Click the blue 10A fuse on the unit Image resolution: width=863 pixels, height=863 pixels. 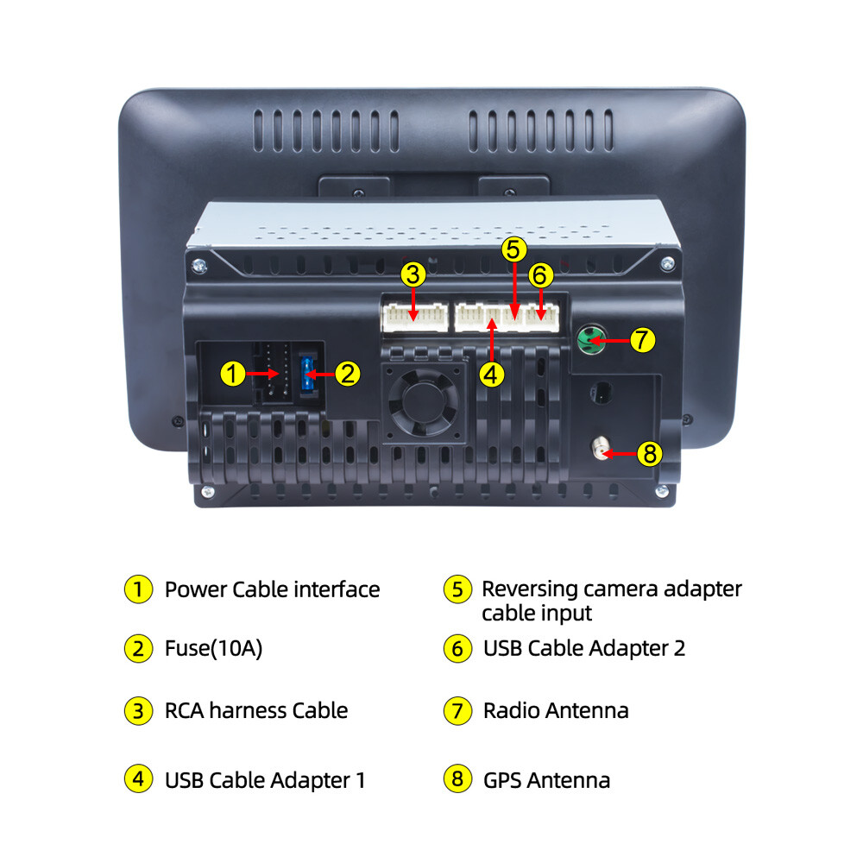click(307, 375)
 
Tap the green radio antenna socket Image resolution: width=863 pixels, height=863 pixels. click(590, 339)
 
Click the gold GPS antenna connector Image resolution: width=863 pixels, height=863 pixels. click(601, 449)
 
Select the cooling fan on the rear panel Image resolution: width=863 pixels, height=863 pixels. click(423, 402)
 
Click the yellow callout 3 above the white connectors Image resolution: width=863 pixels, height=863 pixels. click(413, 274)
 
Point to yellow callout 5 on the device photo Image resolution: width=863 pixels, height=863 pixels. click(513, 249)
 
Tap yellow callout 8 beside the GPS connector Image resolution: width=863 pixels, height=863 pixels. click(650, 454)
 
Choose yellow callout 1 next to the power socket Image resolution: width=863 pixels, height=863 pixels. click(233, 374)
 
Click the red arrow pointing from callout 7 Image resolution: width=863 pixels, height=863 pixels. click(608, 341)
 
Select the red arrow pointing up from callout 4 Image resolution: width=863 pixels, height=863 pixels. click(492, 340)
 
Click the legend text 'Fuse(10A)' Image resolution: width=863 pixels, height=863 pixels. click(213, 648)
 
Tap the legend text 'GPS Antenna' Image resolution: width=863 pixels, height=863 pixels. click(546, 780)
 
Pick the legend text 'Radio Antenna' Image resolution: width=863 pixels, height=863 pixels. click(556, 710)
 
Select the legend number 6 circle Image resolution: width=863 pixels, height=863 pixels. click(457, 649)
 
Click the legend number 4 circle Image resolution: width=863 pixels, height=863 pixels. click(138, 778)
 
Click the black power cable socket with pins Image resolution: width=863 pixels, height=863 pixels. click(273, 373)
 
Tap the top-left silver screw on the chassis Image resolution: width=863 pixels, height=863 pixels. click(198, 266)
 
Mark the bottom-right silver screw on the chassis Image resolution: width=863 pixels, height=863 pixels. click(662, 490)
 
